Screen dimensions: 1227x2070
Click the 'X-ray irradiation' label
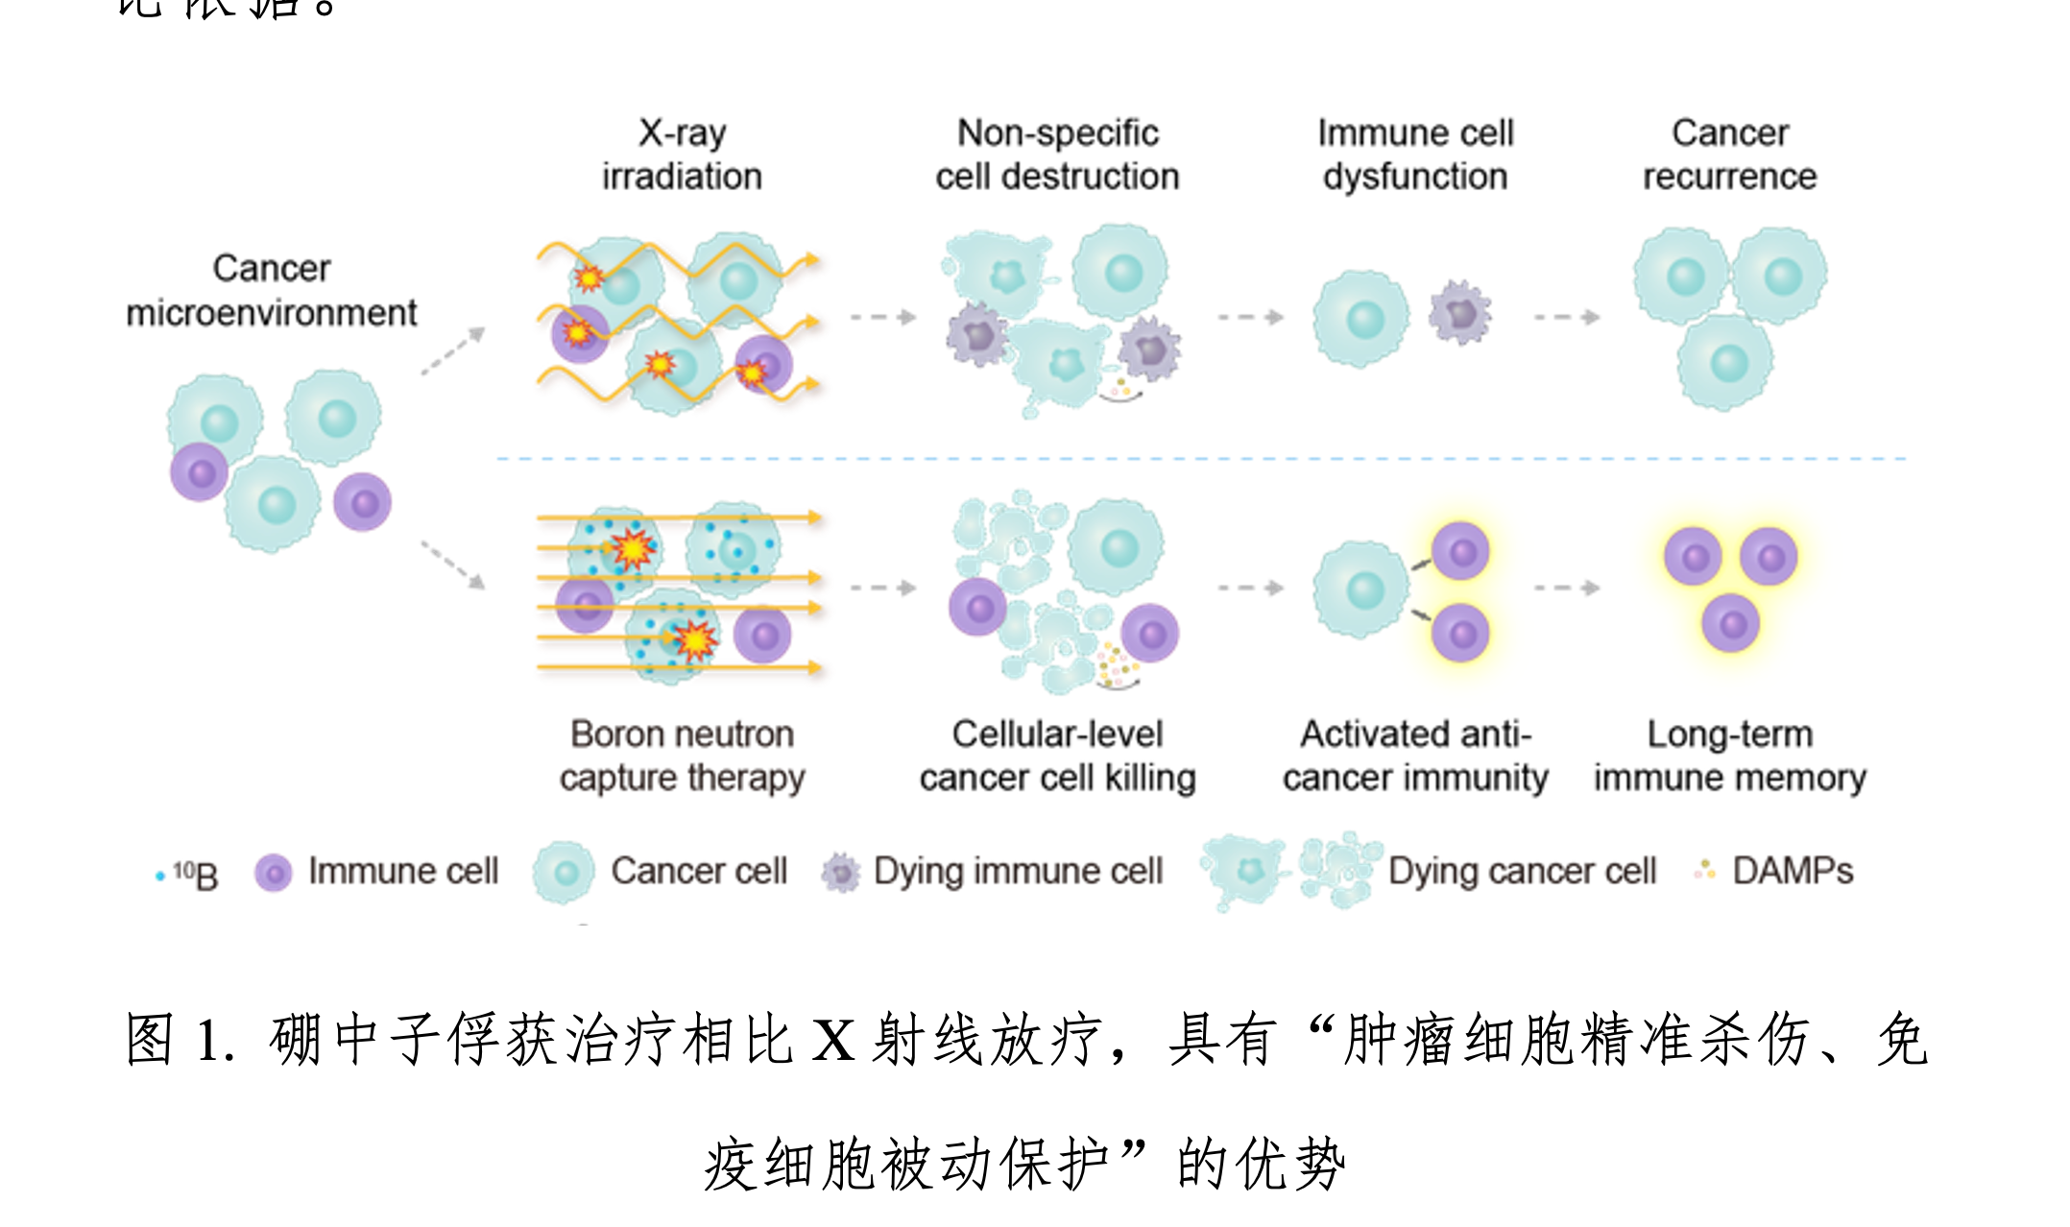tap(682, 155)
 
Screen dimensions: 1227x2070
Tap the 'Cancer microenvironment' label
tap(272, 290)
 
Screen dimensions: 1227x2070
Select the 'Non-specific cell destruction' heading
tap(1057, 155)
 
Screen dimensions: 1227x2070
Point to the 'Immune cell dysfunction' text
tap(1415, 155)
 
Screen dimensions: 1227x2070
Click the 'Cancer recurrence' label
tap(1729, 155)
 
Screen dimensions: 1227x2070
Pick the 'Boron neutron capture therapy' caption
tap(682, 756)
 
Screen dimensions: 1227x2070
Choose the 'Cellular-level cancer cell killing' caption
tap(1057, 756)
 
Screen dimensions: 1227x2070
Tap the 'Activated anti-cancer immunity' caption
tap(1415, 756)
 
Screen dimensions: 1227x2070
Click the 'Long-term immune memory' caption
tap(1729, 756)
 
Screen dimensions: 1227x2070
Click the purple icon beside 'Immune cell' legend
tap(274, 873)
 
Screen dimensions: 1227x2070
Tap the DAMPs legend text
tap(1792, 871)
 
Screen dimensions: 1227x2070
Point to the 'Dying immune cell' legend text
tap(1018, 871)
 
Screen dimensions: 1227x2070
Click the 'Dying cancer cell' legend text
tap(1522, 871)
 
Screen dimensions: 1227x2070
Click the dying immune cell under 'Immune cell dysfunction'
tap(1459, 313)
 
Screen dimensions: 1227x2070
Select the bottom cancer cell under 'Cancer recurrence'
tap(1726, 363)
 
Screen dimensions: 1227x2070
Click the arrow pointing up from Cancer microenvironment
tap(453, 350)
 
